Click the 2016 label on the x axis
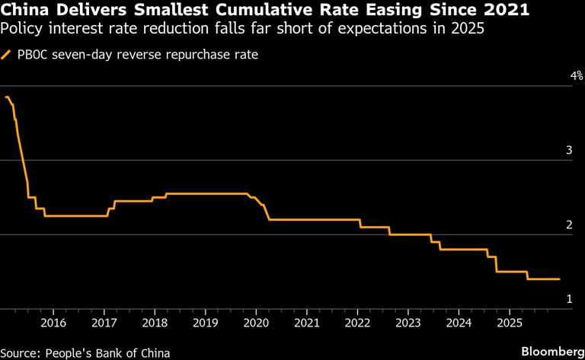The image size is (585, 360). point(53,323)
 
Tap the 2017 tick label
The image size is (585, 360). point(104,323)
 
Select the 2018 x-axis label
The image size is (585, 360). point(155,323)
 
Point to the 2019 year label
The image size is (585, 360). point(205,323)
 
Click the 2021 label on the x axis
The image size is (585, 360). point(306,323)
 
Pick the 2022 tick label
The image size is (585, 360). point(356,323)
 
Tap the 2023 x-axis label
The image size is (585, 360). point(408,323)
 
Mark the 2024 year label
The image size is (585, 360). point(458,323)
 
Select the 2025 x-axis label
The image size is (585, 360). point(508,323)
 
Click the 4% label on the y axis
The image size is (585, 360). point(576,76)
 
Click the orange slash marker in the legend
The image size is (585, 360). point(7,55)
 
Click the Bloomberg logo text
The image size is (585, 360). point(548,351)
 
